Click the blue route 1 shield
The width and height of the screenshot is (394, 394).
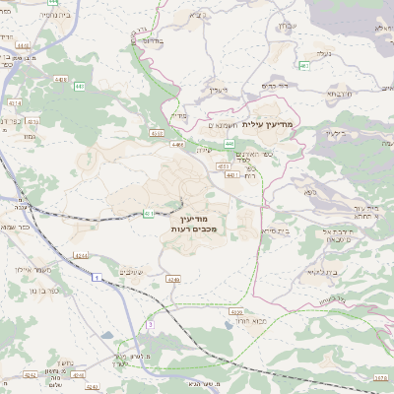[x=98, y=279]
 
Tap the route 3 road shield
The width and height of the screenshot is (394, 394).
[x=150, y=323]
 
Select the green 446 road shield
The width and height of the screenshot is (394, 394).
[x=229, y=144]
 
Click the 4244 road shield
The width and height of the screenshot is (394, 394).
[x=81, y=255]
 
